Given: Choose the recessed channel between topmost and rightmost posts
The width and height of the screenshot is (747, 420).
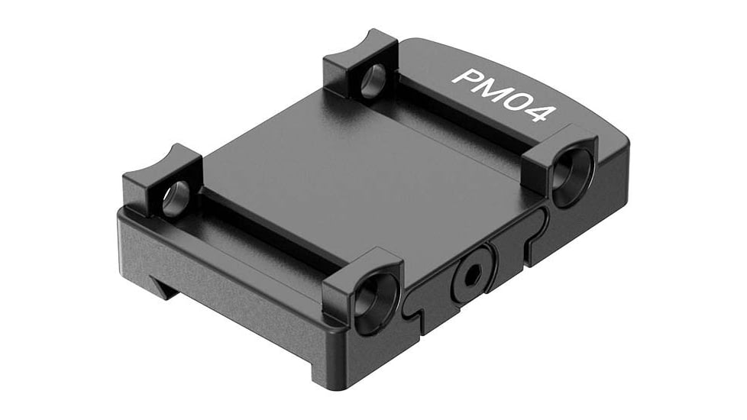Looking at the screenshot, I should tap(466, 115).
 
